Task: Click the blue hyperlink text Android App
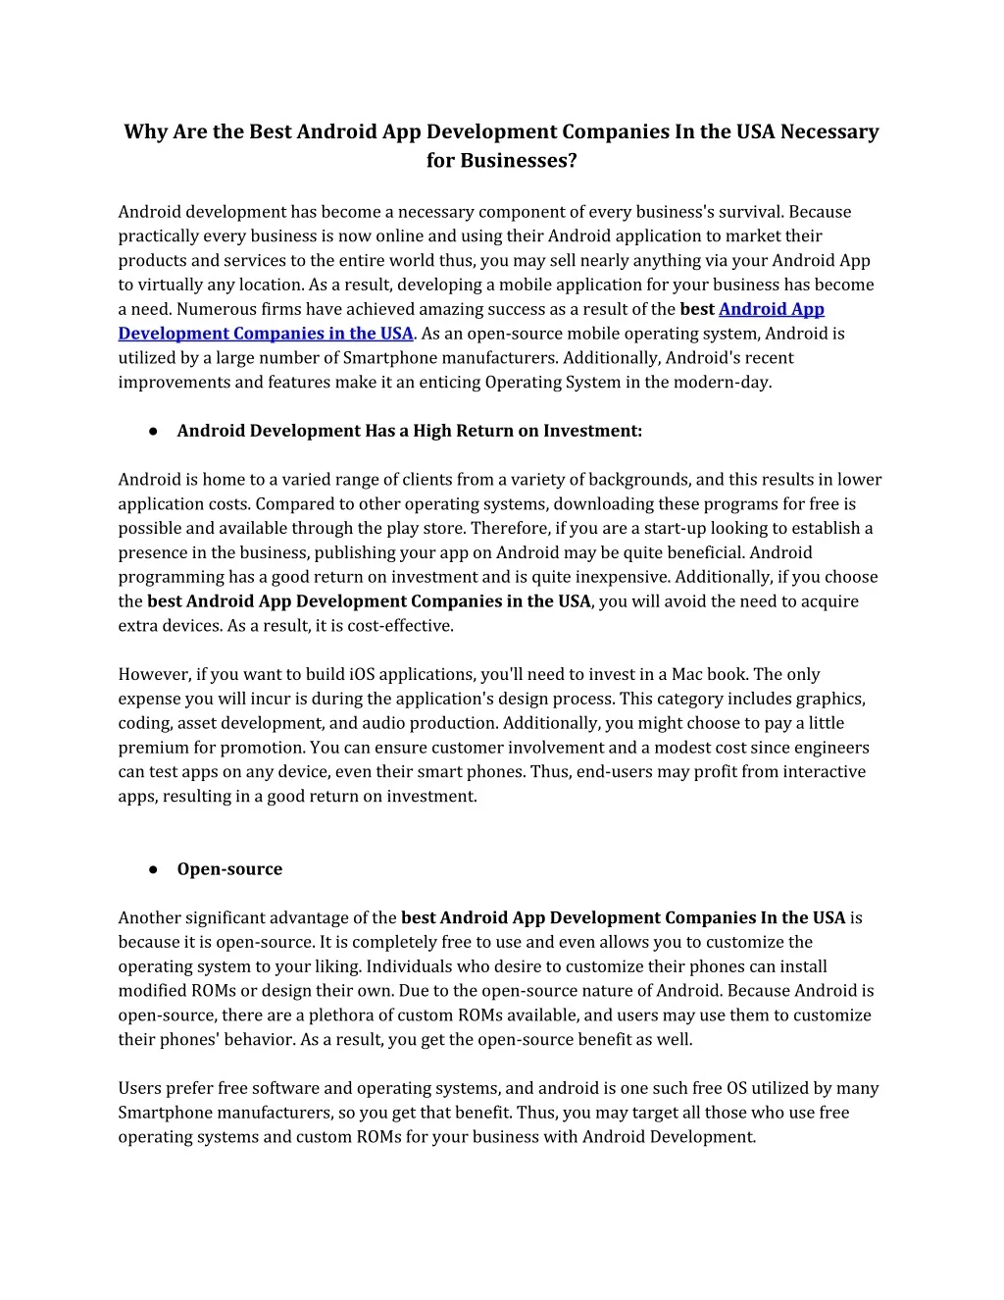771,309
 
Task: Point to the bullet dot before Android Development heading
154,431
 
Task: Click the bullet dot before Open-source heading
154,869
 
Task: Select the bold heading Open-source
229,869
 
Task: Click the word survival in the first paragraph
750,212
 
